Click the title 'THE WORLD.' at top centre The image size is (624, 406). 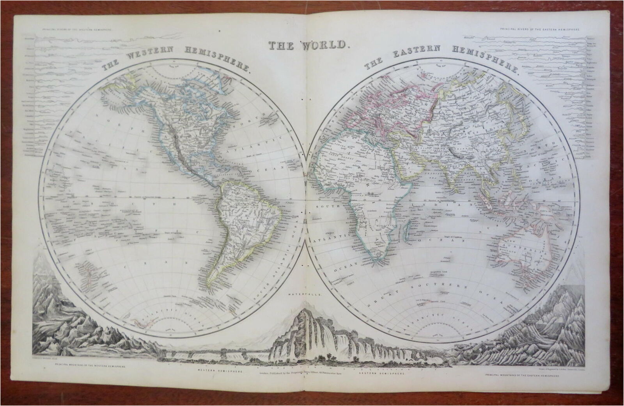pos(307,45)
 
